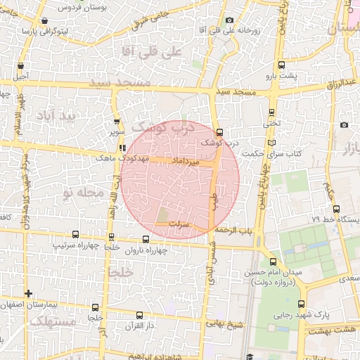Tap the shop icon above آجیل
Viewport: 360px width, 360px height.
(x=20, y=66)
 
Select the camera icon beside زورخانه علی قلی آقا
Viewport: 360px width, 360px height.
(x=230, y=21)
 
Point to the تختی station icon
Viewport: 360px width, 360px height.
(x=272, y=112)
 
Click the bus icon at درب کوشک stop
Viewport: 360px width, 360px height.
(x=219, y=132)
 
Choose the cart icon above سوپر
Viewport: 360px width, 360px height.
(x=115, y=121)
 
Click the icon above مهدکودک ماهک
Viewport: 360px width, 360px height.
(x=123, y=148)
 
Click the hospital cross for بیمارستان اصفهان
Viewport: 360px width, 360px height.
(x=28, y=293)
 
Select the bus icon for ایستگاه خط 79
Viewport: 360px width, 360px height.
(x=336, y=208)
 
